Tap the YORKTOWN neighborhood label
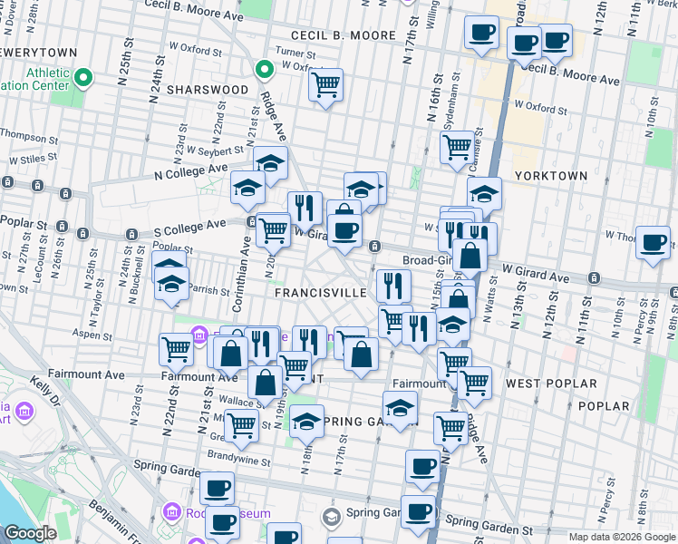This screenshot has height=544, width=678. point(551,175)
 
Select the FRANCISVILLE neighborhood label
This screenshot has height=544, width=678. point(319,293)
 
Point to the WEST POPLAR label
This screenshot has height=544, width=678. point(541,384)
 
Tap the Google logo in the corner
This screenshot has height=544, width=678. point(30,534)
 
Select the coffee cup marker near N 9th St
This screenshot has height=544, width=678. point(653,242)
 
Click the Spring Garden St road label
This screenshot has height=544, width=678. point(489,523)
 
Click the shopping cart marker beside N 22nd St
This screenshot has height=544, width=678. point(176,348)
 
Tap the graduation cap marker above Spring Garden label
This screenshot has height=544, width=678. point(400,405)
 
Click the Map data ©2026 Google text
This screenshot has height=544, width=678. point(622,537)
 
